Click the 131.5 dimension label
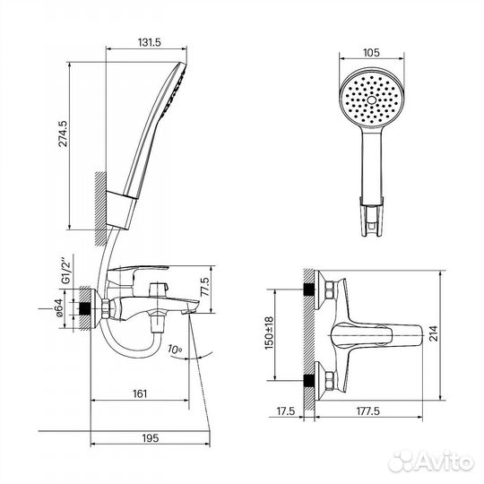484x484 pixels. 150,42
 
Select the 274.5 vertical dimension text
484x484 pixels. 63,134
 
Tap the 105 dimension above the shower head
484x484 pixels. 371,53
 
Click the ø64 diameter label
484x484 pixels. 58,307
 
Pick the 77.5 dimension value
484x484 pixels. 205,287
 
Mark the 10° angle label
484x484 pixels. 175,350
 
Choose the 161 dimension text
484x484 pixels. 140,393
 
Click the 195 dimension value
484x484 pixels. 151,438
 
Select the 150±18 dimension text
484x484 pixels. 269,333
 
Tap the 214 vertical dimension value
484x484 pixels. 434,333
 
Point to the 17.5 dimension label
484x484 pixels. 286,411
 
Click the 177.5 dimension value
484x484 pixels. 368,411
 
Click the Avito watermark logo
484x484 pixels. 431,462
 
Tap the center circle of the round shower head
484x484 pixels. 372,99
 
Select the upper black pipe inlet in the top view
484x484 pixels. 309,290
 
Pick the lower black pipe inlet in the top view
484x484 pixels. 309,381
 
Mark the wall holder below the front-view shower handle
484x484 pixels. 372,216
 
